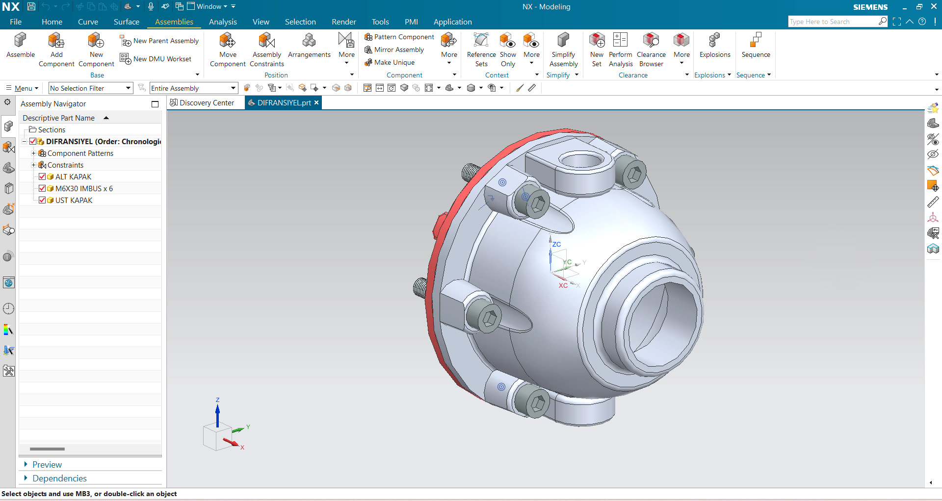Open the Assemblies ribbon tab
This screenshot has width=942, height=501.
[174, 22]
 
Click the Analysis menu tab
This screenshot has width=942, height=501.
[223, 22]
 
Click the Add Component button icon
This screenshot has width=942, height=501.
[56, 41]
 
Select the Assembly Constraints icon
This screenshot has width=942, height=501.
[266, 41]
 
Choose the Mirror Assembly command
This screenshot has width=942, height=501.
[398, 50]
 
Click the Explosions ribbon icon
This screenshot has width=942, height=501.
[714, 41]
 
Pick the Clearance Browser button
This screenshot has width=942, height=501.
[651, 41]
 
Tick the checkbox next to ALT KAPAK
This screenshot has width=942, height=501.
[42, 176]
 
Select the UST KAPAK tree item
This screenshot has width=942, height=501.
[74, 200]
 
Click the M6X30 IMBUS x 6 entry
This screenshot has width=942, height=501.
[84, 189]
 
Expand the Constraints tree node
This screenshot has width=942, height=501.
[33, 165]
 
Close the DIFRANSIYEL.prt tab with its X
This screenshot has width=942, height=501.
[316, 102]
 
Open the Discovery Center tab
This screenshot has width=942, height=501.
[206, 103]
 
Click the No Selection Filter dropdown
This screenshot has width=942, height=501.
[91, 88]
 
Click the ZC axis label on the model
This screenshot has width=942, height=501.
[556, 244]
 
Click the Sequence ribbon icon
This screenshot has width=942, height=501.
[756, 41]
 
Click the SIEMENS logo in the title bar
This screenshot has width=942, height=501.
[870, 7]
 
